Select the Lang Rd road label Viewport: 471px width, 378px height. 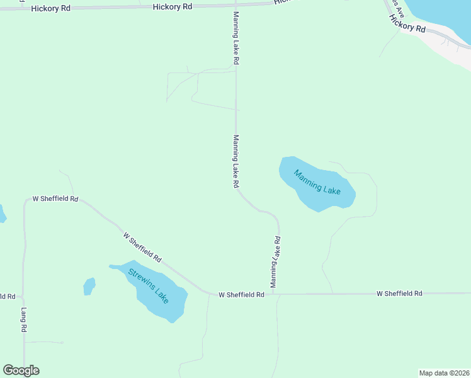(x=23, y=319)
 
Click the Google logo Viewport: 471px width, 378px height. (x=21, y=370)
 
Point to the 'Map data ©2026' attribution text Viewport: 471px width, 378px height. (x=445, y=373)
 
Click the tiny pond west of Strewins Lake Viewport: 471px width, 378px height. (x=89, y=286)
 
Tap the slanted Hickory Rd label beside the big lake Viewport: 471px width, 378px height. (x=407, y=25)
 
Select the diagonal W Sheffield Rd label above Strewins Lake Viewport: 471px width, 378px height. (x=142, y=248)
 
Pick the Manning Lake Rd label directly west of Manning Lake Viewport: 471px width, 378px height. (x=236, y=162)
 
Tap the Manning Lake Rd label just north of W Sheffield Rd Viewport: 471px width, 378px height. (x=275, y=262)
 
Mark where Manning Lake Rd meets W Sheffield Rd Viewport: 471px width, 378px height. (x=278, y=294)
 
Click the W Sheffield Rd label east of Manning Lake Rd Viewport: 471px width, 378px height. (x=399, y=294)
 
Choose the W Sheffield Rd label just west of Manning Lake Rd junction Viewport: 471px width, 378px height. (x=241, y=295)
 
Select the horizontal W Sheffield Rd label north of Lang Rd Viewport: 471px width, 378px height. (x=55, y=198)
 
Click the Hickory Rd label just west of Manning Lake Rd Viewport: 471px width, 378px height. (x=173, y=6)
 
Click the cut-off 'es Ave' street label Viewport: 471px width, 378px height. (x=397, y=11)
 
